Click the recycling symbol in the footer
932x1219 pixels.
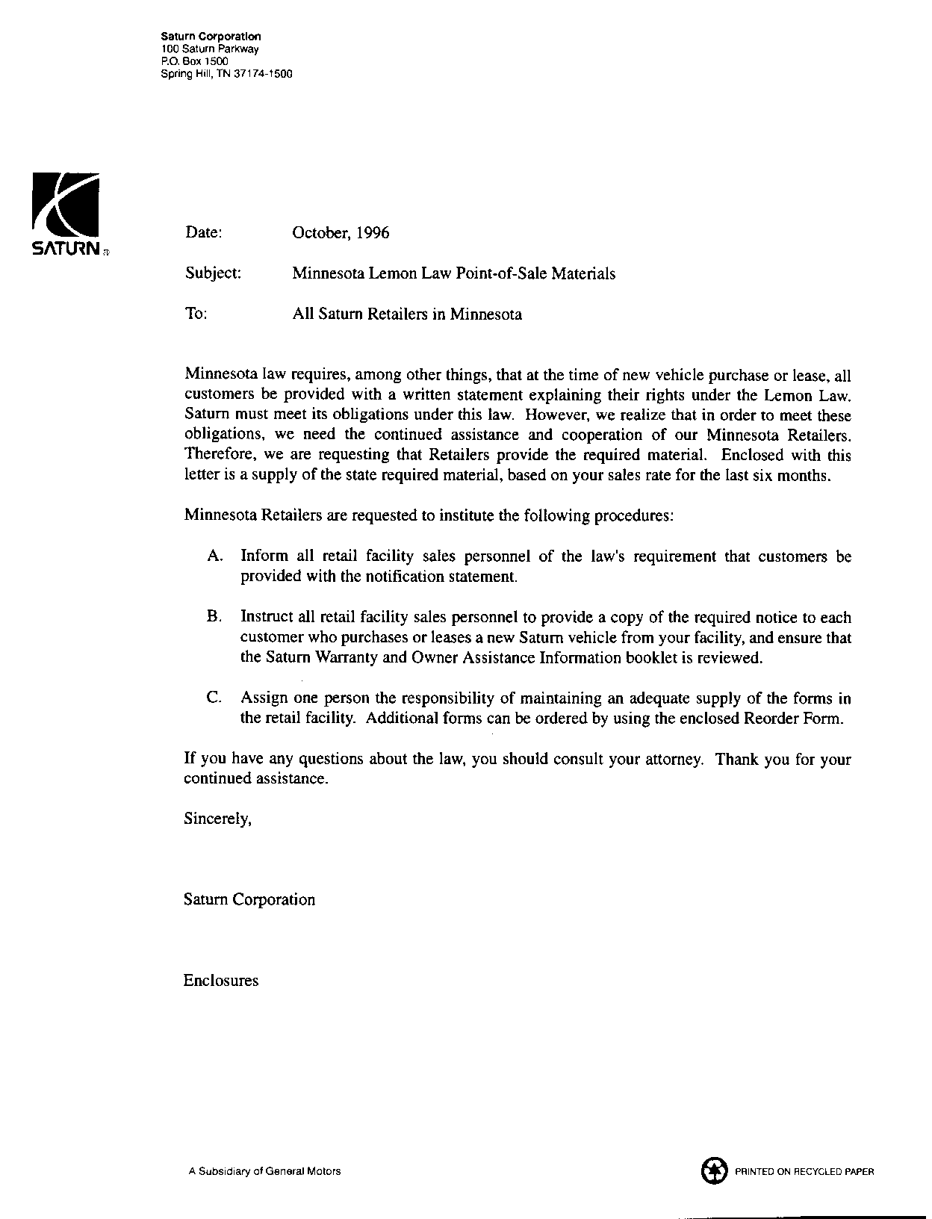[714, 1170]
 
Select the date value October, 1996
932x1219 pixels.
[341, 232]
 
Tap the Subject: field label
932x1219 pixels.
[213, 273]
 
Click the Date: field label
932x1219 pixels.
[203, 232]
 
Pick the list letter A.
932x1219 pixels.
[214, 556]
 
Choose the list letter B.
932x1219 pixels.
[214, 618]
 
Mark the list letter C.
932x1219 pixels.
[214, 698]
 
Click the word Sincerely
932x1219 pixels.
[217, 819]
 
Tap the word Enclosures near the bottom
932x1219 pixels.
[221, 981]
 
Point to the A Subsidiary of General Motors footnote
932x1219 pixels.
[265, 1171]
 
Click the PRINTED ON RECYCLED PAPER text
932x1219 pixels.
[804, 1172]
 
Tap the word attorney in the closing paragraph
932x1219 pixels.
[674, 759]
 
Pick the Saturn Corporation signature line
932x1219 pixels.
[249, 899]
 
